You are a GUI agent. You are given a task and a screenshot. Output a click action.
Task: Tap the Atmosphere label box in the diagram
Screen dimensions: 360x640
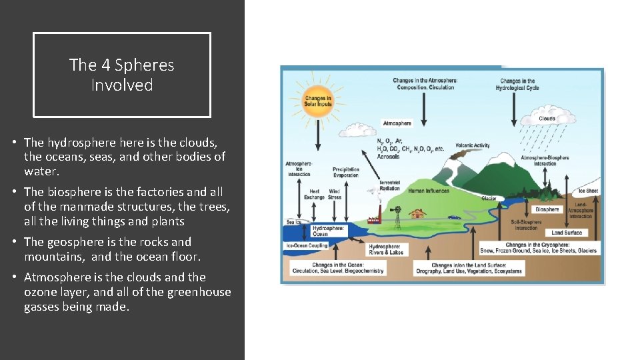pos(397,123)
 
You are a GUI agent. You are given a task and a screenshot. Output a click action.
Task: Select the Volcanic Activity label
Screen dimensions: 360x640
pos(473,145)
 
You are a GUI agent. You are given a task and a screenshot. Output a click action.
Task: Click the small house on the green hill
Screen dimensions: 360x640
pos(419,213)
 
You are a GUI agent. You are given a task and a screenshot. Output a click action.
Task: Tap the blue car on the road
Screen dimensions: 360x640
pos(455,217)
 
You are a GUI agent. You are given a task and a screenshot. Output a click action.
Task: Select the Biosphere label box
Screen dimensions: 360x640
pos(547,209)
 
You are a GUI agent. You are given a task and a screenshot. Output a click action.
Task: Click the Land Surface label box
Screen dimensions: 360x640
pos(567,233)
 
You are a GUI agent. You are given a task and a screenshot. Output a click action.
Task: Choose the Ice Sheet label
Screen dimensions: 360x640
pos(588,191)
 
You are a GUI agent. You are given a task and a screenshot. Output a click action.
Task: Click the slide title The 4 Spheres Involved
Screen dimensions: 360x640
pos(121,75)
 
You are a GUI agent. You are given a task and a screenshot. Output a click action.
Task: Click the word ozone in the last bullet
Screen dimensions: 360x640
pos(40,292)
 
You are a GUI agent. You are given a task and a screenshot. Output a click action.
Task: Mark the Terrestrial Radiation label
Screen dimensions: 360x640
pos(389,185)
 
